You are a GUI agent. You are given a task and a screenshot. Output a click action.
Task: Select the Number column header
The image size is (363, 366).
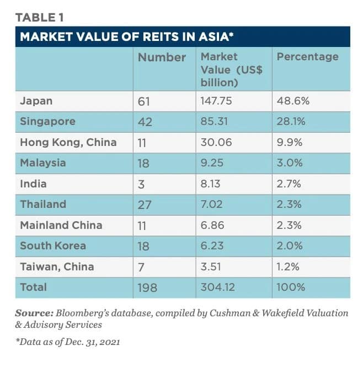(x=162, y=57)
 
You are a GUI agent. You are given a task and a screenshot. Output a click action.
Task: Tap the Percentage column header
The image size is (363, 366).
(x=307, y=57)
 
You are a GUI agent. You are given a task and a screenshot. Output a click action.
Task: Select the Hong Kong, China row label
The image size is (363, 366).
(x=68, y=142)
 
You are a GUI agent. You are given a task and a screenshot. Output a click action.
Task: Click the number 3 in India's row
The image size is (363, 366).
(x=141, y=184)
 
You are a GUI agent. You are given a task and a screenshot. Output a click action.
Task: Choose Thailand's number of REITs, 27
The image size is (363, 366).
(x=145, y=205)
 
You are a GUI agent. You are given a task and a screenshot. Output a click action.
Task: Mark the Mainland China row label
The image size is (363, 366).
(x=61, y=225)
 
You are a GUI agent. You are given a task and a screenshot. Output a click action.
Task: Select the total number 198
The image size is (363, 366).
(x=147, y=287)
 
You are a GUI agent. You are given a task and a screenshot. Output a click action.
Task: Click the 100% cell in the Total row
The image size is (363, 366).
(x=291, y=287)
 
